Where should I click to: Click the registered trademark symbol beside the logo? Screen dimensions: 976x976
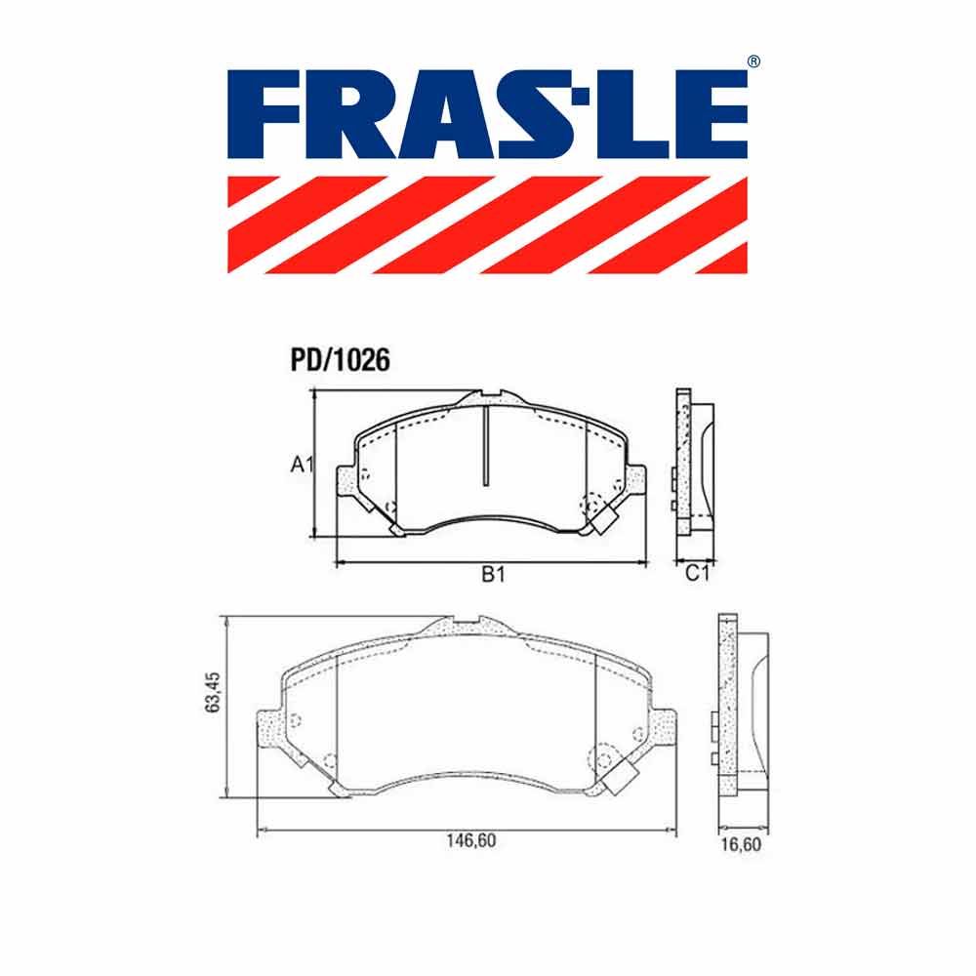pos(753,61)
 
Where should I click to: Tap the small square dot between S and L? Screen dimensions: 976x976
pos(581,96)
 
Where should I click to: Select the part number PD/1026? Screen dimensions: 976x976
pos(340,360)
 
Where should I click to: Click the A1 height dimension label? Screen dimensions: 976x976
pos(303,464)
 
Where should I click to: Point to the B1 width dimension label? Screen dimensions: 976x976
pos(493,574)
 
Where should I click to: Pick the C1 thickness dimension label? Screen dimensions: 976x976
pos(697,573)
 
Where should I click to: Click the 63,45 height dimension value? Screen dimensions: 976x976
pos(213,692)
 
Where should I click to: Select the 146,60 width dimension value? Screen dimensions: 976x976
pos(471,840)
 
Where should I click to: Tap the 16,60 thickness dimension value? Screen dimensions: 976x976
pos(741,844)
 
